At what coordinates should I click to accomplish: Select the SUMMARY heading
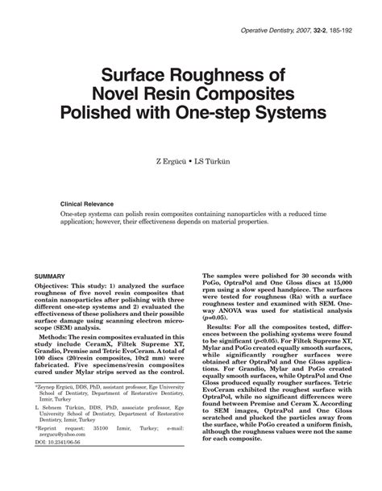point(52,276)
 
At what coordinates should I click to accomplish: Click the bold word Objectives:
point(60,287)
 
